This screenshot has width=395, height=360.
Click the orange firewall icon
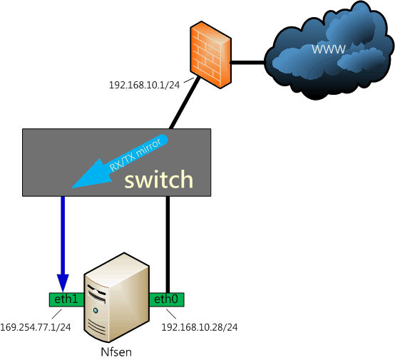point(210,55)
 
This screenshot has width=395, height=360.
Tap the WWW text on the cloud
point(329,48)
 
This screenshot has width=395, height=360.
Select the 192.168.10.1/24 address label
point(144,85)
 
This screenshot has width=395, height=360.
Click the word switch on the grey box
point(159,180)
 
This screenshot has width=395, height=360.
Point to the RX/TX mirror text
point(135,155)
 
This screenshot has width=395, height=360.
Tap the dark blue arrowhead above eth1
point(63,283)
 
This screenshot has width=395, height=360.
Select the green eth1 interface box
point(66,299)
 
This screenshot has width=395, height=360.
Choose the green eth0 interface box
point(166,299)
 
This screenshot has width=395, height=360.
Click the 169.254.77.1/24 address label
point(36,327)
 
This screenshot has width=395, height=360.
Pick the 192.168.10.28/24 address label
point(199,327)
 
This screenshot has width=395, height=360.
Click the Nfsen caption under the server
point(116,352)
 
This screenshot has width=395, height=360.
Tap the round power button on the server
point(96,310)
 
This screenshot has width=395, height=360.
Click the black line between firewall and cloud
point(247,62)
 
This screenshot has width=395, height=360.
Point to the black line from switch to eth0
point(168,245)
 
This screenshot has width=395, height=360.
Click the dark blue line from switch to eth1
point(63,235)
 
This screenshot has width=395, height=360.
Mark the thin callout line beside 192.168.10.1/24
point(189,80)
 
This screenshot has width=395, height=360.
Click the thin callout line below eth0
point(171,314)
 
